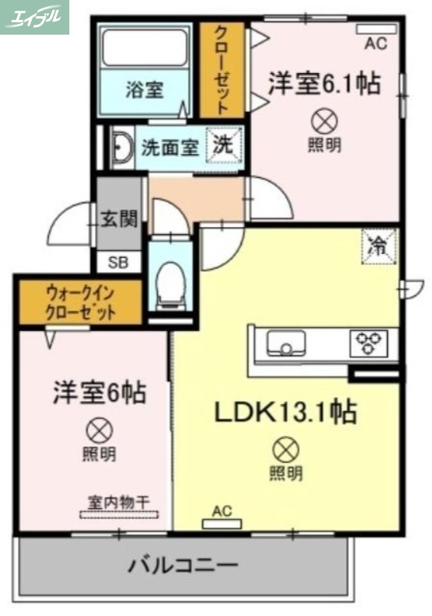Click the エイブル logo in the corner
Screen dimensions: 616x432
pyautogui.click(x=35, y=17)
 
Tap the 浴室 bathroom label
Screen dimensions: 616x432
pyautogui.click(x=144, y=89)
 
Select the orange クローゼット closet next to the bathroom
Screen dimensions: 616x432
pyautogui.click(x=221, y=69)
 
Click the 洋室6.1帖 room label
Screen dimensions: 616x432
pyautogui.click(x=324, y=83)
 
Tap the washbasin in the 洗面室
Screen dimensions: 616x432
pyautogui.click(x=122, y=147)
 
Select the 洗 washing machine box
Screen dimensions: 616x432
pyautogui.click(x=224, y=145)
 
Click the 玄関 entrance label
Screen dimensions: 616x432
pyautogui.click(x=119, y=219)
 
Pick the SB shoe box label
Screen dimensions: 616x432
pyautogui.click(x=119, y=262)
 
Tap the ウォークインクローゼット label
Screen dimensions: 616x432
pyautogui.click(x=81, y=303)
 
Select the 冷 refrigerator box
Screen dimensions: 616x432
pyautogui.click(x=379, y=246)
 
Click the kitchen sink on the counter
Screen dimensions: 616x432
pyautogui.click(x=286, y=342)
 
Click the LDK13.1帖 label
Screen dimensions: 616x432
pyautogui.click(x=285, y=413)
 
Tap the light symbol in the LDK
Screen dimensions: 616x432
pyautogui.click(x=286, y=448)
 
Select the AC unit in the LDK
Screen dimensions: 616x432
pyautogui.click(x=221, y=524)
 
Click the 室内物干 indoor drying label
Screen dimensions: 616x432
pyautogui.click(x=117, y=501)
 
